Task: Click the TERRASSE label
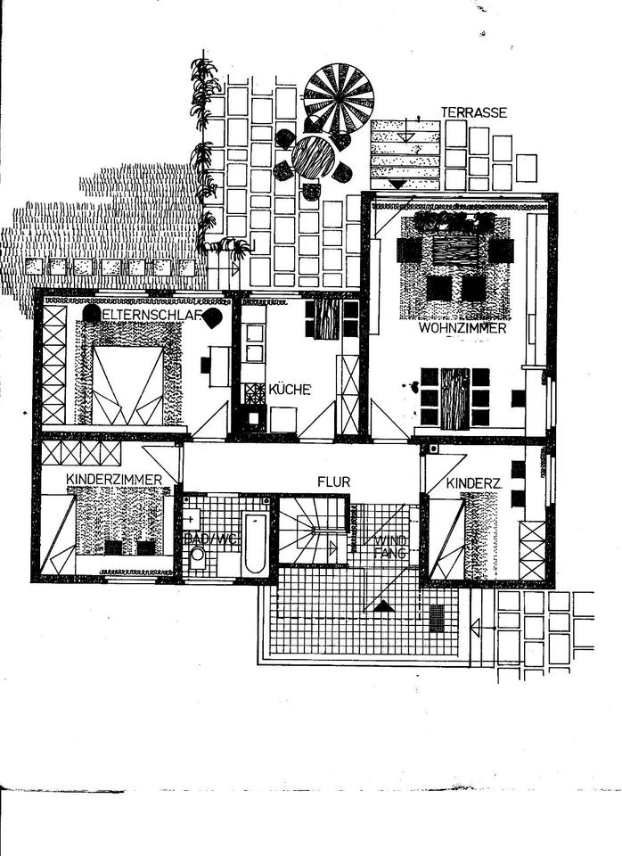[x=473, y=113]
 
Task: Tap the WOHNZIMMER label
[x=462, y=328]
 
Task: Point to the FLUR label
[x=334, y=481]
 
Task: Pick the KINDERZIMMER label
[x=114, y=480]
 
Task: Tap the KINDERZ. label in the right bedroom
[x=474, y=482]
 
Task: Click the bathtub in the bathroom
[x=255, y=542]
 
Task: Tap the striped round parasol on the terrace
[x=338, y=97]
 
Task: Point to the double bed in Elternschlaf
[x=127, y=385]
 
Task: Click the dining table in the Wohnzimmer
[x=454, y=397]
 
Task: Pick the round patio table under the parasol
[x=313, y=158]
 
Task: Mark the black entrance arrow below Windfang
[x=384, y=607]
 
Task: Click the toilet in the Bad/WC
[x=197, y=557]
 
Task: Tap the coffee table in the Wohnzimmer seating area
[x=455, y=251]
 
